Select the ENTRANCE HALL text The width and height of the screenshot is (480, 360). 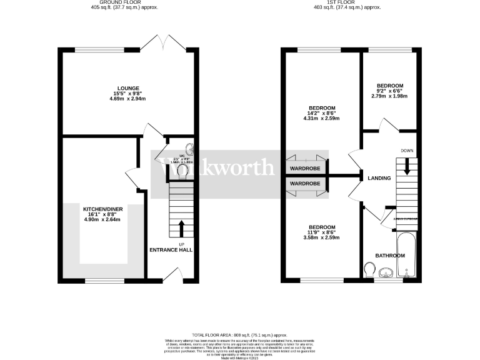[171, 250]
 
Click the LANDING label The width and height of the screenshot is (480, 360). [380, 178]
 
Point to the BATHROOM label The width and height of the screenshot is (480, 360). [389, 256]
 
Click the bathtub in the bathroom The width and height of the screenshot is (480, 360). [406, 256]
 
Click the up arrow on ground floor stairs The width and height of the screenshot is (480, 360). [182, 226]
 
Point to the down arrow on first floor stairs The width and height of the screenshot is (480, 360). [407, 167]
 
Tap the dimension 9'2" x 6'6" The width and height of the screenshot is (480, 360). [389, 91]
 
